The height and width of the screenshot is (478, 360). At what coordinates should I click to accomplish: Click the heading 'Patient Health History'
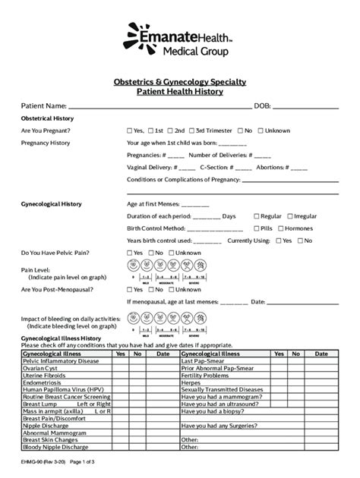tap(179, 91)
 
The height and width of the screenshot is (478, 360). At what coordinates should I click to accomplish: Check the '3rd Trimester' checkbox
tap(191, 131)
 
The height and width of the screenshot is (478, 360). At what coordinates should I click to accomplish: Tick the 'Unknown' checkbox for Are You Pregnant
tap(260, 131)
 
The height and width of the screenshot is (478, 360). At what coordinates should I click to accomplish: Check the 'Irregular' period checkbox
tap(289, 215)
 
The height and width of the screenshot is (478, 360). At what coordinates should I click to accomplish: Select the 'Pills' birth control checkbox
tap(256, 228)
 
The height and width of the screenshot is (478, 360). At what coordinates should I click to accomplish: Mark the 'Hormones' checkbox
tap(281, 228)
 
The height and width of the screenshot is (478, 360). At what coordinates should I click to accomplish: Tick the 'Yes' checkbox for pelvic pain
tap(130, 253)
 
